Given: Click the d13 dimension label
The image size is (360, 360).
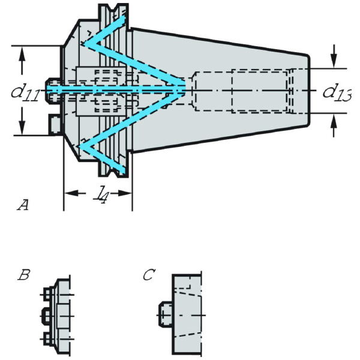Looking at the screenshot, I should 337,92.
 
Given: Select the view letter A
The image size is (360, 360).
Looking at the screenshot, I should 23,206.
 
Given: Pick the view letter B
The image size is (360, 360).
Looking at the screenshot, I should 24,275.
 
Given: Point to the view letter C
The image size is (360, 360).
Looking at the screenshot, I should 149,275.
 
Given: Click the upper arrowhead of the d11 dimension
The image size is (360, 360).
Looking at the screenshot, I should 23,53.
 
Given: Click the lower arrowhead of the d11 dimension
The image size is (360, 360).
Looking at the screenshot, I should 23,127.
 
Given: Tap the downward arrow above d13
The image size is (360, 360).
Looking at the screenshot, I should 334,61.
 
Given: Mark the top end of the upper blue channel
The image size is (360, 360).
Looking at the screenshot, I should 122,22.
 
